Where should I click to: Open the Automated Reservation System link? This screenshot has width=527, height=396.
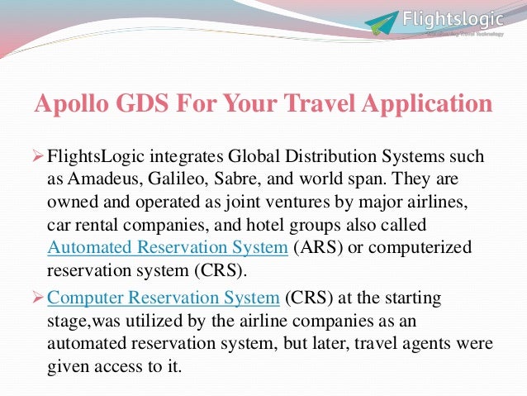click(x=168, y=247)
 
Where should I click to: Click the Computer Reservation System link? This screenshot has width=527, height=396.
click(x=164, y=298)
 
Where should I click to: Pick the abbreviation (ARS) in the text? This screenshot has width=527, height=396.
click(x=317, y=247)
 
